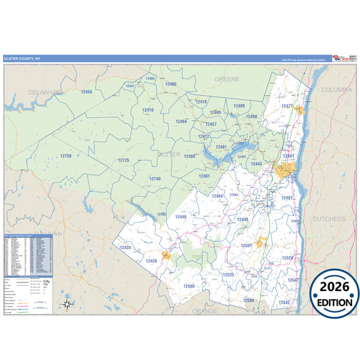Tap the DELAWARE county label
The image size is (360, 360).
click(x=45, y=92)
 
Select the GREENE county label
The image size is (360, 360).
click(x=228, y=79)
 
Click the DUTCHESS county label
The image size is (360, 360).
click(x=328, y=219)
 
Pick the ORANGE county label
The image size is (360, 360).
click(x=205, y=311)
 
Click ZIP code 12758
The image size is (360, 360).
click(x=65, y=156)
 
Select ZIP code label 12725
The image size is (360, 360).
click(x=123, y=160)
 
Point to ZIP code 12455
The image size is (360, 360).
click(x=86, y=91)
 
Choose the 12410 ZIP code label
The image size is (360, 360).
click(x=148, y=109)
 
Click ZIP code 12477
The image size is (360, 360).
click(x=287, y=106)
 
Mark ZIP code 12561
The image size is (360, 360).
click(x=247, y=245)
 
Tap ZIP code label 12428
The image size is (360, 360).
click(x=151, y=260)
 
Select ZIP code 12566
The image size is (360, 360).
click(x=188, y=286)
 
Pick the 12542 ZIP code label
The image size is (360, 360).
click(x=284, y=302)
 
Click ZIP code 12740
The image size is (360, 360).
click(x=155, y=178)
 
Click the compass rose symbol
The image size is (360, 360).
click(x=67, y=304)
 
